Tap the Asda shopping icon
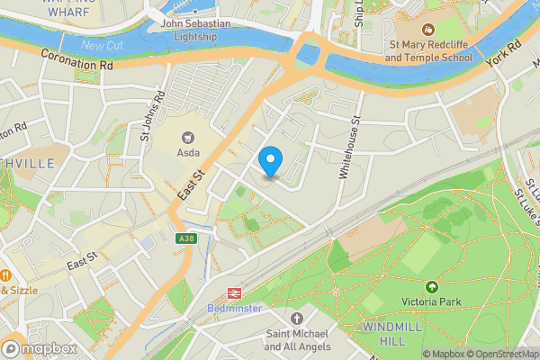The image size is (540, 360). point(189,137)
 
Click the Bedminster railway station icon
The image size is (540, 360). point(236,292)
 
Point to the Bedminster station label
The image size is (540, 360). point(236,309)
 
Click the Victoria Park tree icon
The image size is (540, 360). point(431,287)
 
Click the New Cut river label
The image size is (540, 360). point(101,44)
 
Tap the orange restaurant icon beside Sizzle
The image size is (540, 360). point(4,274)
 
